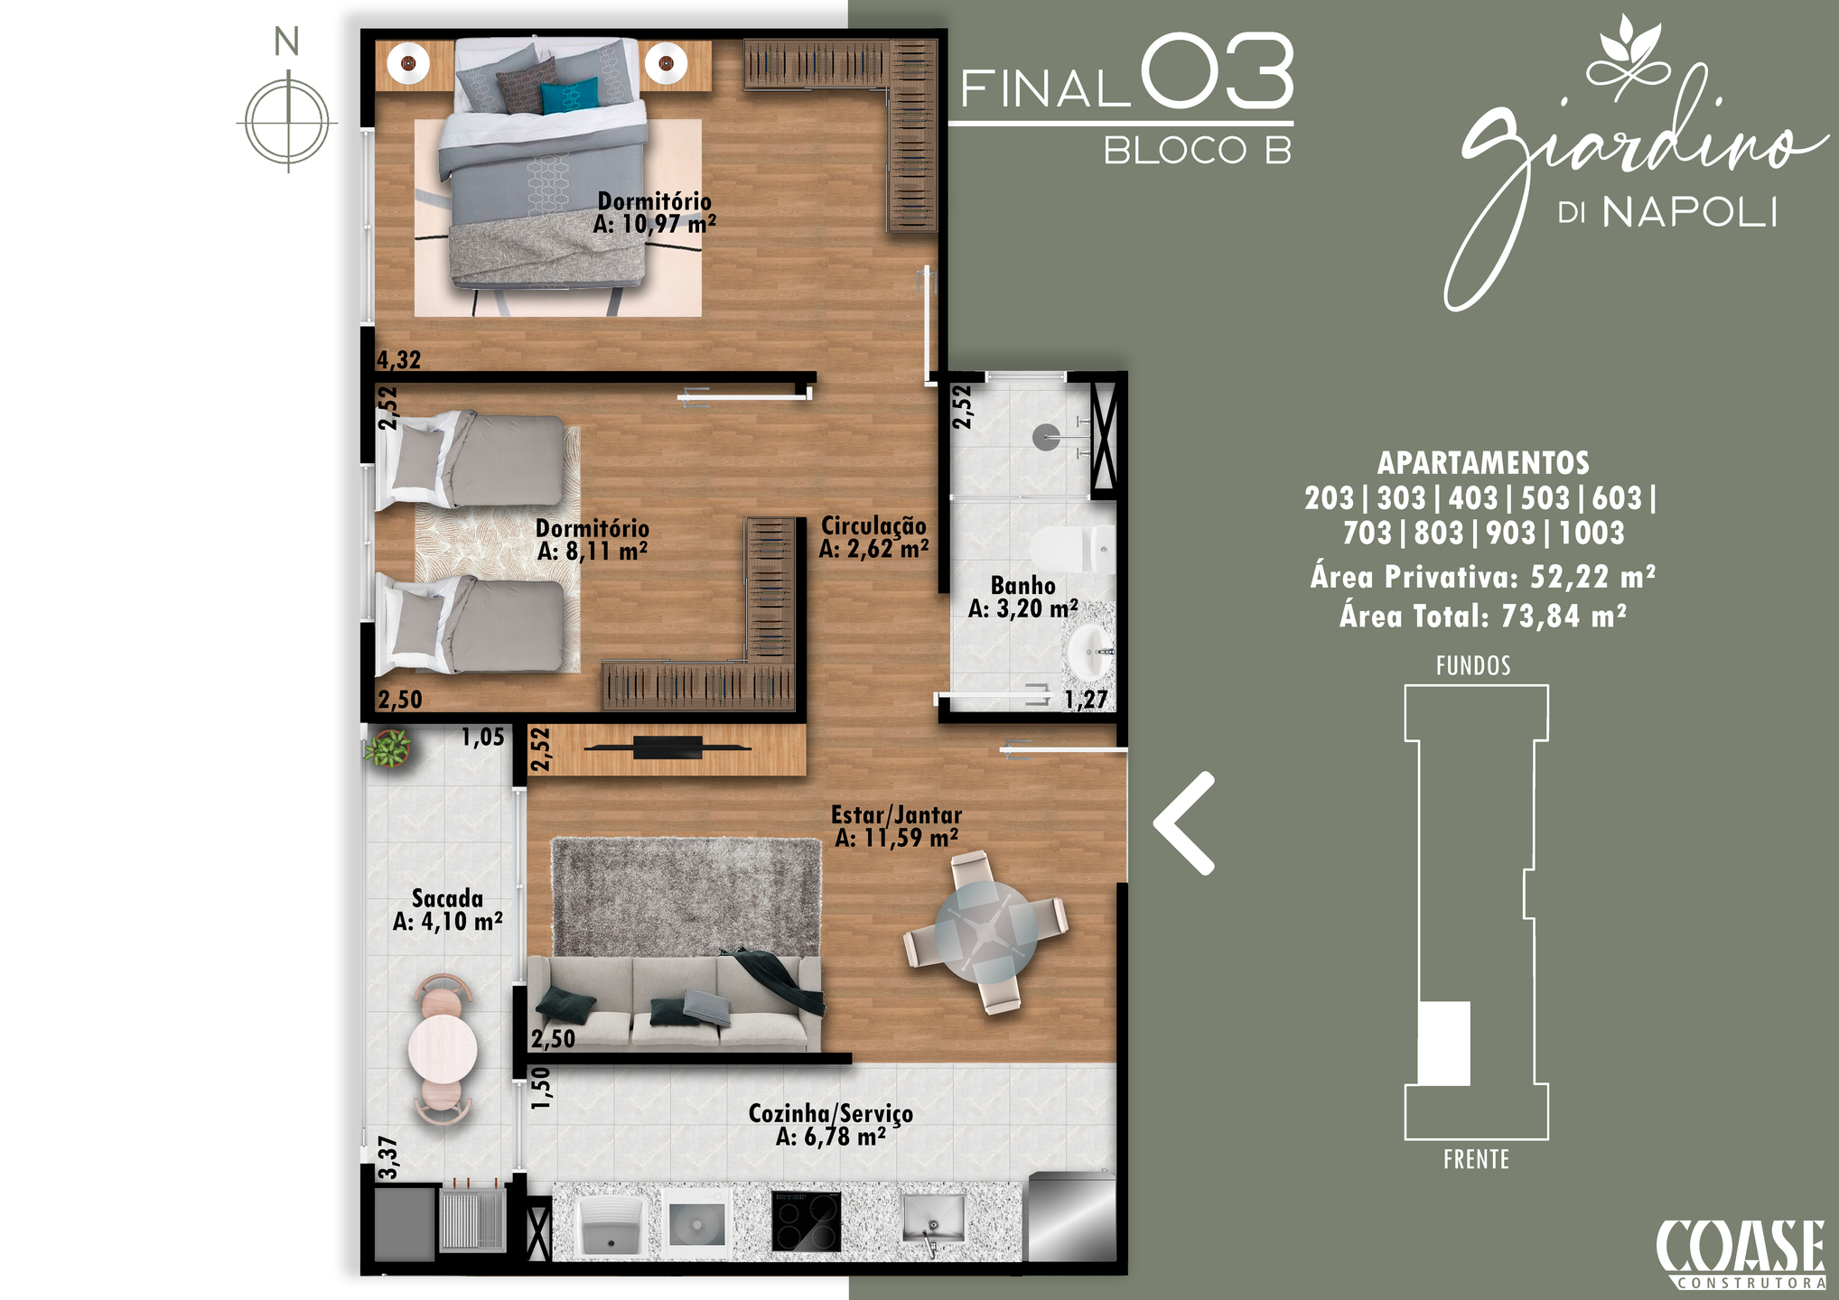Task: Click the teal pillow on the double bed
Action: [x=570, y=95]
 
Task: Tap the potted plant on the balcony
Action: [x=388, y=748]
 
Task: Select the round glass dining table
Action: [x=986, y=932]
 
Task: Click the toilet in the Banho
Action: [x=1073, y=549]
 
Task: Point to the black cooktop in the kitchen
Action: [x=807, y=1221]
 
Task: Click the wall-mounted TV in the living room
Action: [x=667, y=747]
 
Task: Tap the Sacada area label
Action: [x=447, y=910]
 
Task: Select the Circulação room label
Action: [x=873, y=537]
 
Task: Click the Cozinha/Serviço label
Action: [x=830, y=1125]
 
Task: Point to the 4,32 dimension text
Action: [x=398, y=360]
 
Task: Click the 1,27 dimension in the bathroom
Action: [x=1085, y=700]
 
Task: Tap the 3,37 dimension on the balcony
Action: [x=387, y=1157]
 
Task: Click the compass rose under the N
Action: [x=288, y=122]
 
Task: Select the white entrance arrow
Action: [x=1184, y=823]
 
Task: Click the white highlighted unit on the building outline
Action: [x=1443, y=1043]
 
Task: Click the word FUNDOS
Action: [x=1473, y=666]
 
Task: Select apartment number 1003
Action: [x=1592, y=533]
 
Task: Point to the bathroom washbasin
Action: [x=1091, y=650]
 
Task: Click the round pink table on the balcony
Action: [x=443, y=1049]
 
